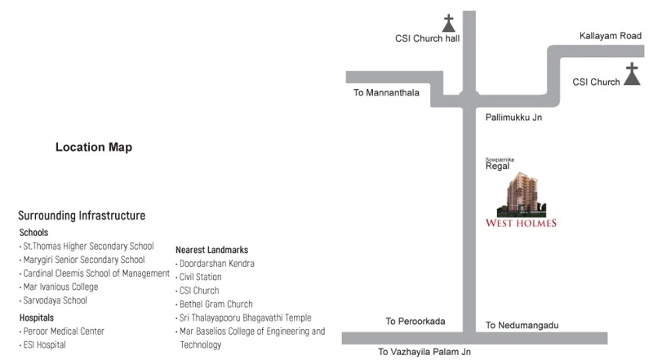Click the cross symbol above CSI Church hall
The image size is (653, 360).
pyautogui.click(x=448, y=24)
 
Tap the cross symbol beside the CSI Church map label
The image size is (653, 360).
pyautogui.click(x=632, y=74)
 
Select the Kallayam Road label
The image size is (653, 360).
pyautogui.click(x=610, y=36)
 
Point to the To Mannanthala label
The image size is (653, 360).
pyautogui.click(x=386, y=92)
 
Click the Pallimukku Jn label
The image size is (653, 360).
pyautogui.click(x=513, y=117)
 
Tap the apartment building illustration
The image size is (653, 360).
pyautogui.click(x=522, y=194)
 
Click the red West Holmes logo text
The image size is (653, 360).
pyautogui.click(x=521, y=223)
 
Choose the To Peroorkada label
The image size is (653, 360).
pyautogui.click(x=415, y=322)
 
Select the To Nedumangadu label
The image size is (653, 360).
pyautogui.click(x=522, y=325)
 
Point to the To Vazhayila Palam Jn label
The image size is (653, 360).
pyautogui.click(x=424, y=352)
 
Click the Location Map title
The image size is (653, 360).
pyautogui.click(x=94, y=147)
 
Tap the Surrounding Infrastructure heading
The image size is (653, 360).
pyautogui.click(x=82, y=216)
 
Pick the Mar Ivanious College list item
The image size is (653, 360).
pyautogui.click(x=60, y=287)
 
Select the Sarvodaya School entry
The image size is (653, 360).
pyautogui.click(x=55, y=300)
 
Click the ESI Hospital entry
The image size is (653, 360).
pyautogui.click(x=44, y=344)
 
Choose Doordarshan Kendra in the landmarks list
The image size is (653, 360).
pyautogui.click(x=216, y=264)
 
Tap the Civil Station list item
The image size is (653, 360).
pyautogui.click(x=200, y=277)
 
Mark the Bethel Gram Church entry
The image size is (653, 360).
pyautogui.click(x=215, y=304)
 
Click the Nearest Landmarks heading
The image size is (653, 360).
pyautogui.click(x=211, y=250)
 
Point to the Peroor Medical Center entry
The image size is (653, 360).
pyautogui.click(x=64, y=331)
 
